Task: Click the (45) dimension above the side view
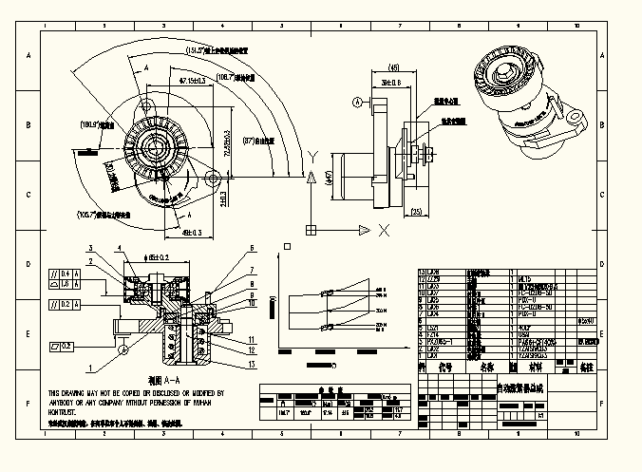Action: [393, 67]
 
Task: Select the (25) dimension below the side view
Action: [417, 211]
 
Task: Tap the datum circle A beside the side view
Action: [357, 101]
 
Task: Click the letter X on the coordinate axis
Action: [384, 230]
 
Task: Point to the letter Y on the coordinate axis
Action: [312, 156]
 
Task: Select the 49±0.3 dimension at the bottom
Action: [190, 231]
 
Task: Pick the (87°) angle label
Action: [255, 142]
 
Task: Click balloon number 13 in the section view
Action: [252, 364]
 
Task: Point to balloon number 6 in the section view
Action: [253, 249]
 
